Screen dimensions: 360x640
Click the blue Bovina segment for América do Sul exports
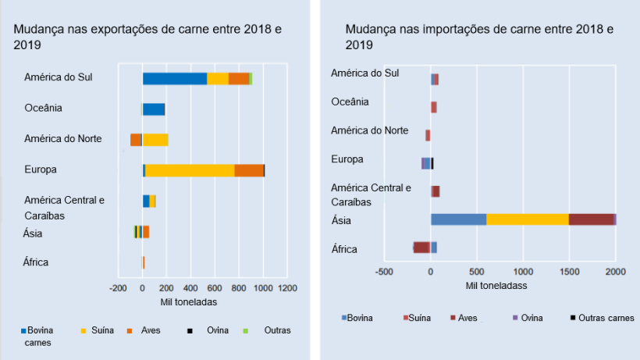tap(174, 78)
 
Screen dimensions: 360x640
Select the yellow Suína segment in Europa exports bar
tap(190, 170)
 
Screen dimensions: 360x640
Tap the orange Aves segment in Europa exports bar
tap(249, 170)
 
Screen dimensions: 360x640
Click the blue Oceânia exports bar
tap(153, 109)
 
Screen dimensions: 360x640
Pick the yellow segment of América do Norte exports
tap(155, 140)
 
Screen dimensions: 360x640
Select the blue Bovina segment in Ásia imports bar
tap(458, 219)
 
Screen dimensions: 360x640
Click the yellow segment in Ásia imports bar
tap(527, 219)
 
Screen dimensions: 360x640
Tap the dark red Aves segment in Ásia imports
tap(591, 219)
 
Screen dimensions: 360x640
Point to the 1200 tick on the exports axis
tap(287, 288)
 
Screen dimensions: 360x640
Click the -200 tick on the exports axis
tap(117, 288)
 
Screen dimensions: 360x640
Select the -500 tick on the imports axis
tap(383, 271)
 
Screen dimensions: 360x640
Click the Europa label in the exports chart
tap(41, 169)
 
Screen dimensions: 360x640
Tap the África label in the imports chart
tap(344, 249)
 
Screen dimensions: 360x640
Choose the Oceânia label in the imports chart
tap(350, 102)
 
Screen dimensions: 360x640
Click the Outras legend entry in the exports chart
tap(277, 330)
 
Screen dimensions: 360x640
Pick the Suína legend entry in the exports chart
tap(98, 330)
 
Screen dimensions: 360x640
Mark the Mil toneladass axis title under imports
tap(496, 285)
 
